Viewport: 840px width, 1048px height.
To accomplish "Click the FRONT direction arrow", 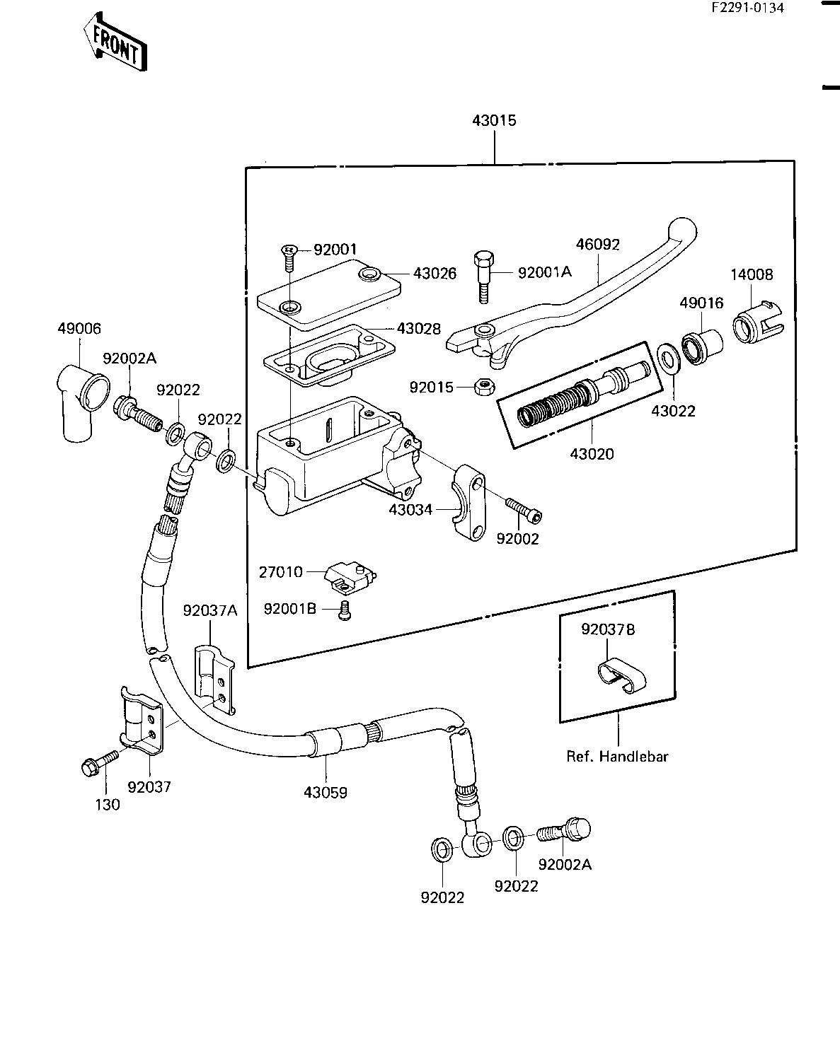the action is (115, 42).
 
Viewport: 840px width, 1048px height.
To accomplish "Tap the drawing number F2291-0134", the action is (747, 8).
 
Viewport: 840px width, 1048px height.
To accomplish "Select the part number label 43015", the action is (494, 120).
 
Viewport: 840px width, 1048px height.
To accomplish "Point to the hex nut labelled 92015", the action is (485, 387).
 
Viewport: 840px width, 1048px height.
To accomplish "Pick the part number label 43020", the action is (592, 454).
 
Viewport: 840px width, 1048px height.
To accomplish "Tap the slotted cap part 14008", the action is (758, 322).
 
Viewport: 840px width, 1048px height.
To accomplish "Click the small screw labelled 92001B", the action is (345, 610).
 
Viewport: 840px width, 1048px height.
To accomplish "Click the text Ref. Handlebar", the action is (616, 756).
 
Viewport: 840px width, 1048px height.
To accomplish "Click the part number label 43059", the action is (326, 792).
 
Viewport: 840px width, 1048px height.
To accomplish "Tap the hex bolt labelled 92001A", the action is (483, 277).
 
